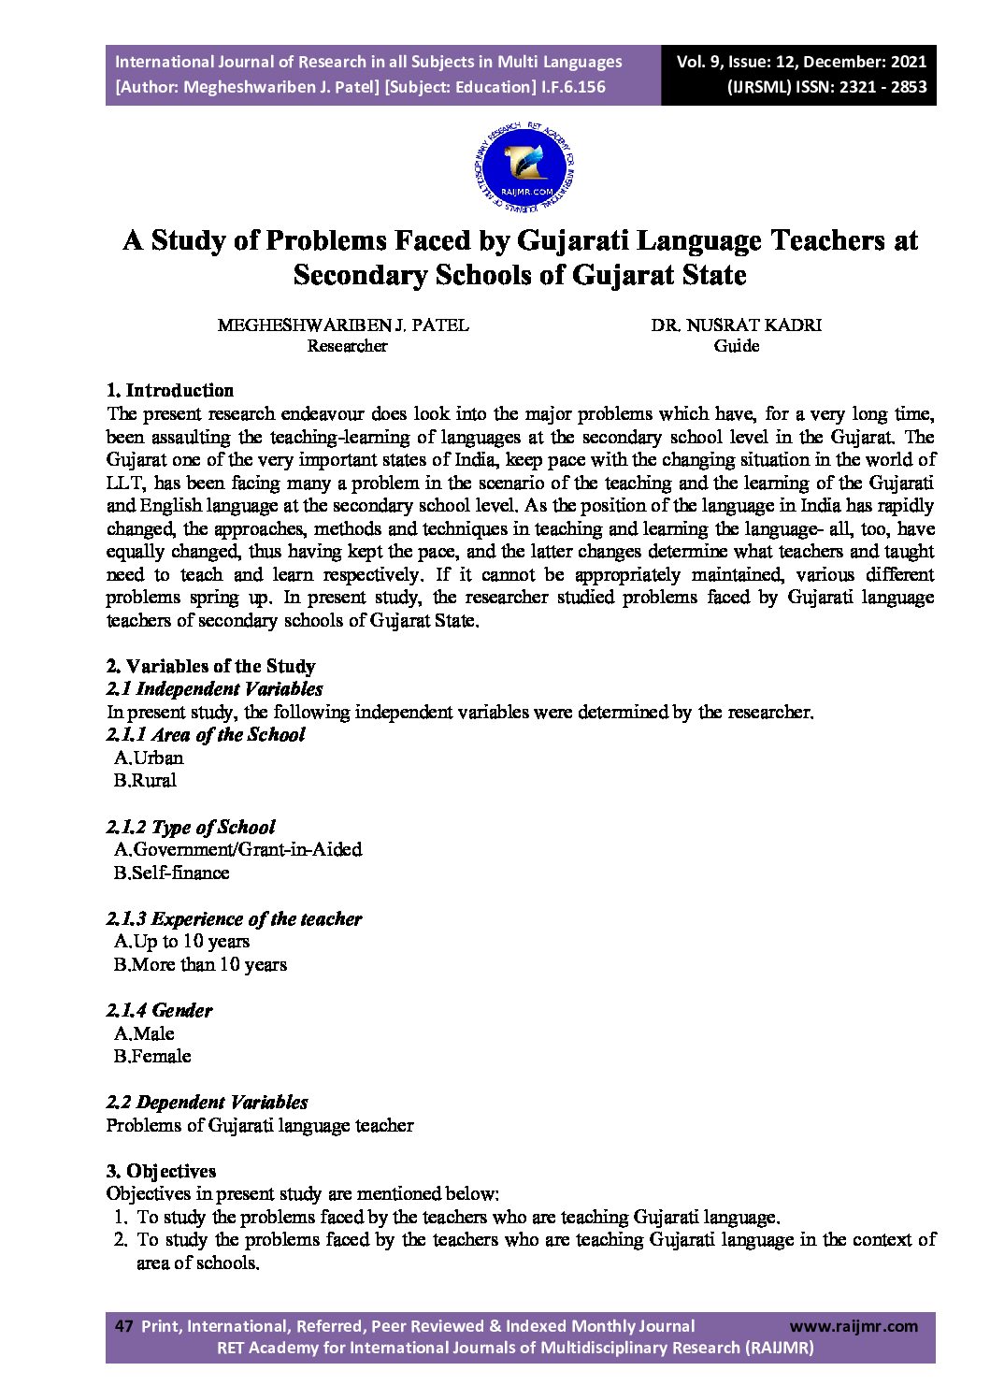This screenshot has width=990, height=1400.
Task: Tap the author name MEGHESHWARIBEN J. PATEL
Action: click(343, 325)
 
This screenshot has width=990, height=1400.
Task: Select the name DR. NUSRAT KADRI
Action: click(737, 325)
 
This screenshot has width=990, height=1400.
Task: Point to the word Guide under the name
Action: click(737, 346)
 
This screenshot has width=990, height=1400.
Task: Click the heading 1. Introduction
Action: click(170, 390)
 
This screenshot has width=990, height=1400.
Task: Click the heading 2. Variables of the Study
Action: click(210, 666)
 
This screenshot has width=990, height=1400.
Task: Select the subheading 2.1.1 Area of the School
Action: click(206, 734)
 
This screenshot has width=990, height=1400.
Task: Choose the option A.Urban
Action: click(149, 758)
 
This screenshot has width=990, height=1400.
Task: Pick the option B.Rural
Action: click(145, 780)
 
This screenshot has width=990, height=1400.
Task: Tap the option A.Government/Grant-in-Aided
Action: click(237, 849)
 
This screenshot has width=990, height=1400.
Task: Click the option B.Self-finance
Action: click(171, 873)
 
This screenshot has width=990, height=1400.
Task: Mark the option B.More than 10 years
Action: click(200, 964)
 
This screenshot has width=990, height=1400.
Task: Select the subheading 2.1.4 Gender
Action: click(159, 1010)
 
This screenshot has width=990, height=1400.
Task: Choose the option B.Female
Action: click(152, 1056)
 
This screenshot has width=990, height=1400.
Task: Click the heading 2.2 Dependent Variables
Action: click(207, 1102)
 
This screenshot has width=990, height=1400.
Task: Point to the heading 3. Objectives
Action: click(161, 1171)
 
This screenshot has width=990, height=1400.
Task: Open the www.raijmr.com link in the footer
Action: click(854, 1326)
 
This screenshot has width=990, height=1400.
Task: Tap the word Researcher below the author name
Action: click(347, 346)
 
